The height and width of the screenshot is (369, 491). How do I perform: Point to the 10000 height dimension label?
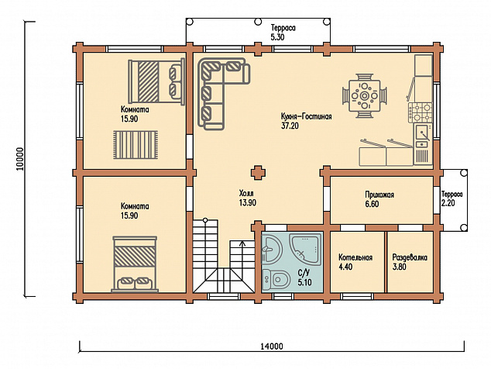point(20,159)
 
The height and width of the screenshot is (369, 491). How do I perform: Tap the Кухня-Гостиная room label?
point(306,116)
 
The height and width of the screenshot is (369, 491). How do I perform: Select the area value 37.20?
point(290,126)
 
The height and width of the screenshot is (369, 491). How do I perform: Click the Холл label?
point(246,193)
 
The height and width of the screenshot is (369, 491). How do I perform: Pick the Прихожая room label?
point(379,195)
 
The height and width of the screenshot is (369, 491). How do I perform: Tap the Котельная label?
point(355,257)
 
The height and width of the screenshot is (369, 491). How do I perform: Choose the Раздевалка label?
point(410,257)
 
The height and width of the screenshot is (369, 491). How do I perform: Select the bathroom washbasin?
point(272,250)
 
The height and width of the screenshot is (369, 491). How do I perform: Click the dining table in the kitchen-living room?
point(364,95)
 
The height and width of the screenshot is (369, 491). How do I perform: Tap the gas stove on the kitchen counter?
point(420,112)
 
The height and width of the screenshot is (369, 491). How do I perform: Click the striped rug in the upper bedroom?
point(136,145)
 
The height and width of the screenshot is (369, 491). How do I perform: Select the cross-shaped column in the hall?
point(258,173)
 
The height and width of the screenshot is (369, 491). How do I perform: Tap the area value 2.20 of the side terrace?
point(448,203)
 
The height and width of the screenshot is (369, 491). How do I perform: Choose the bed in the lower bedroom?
point(135,264)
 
